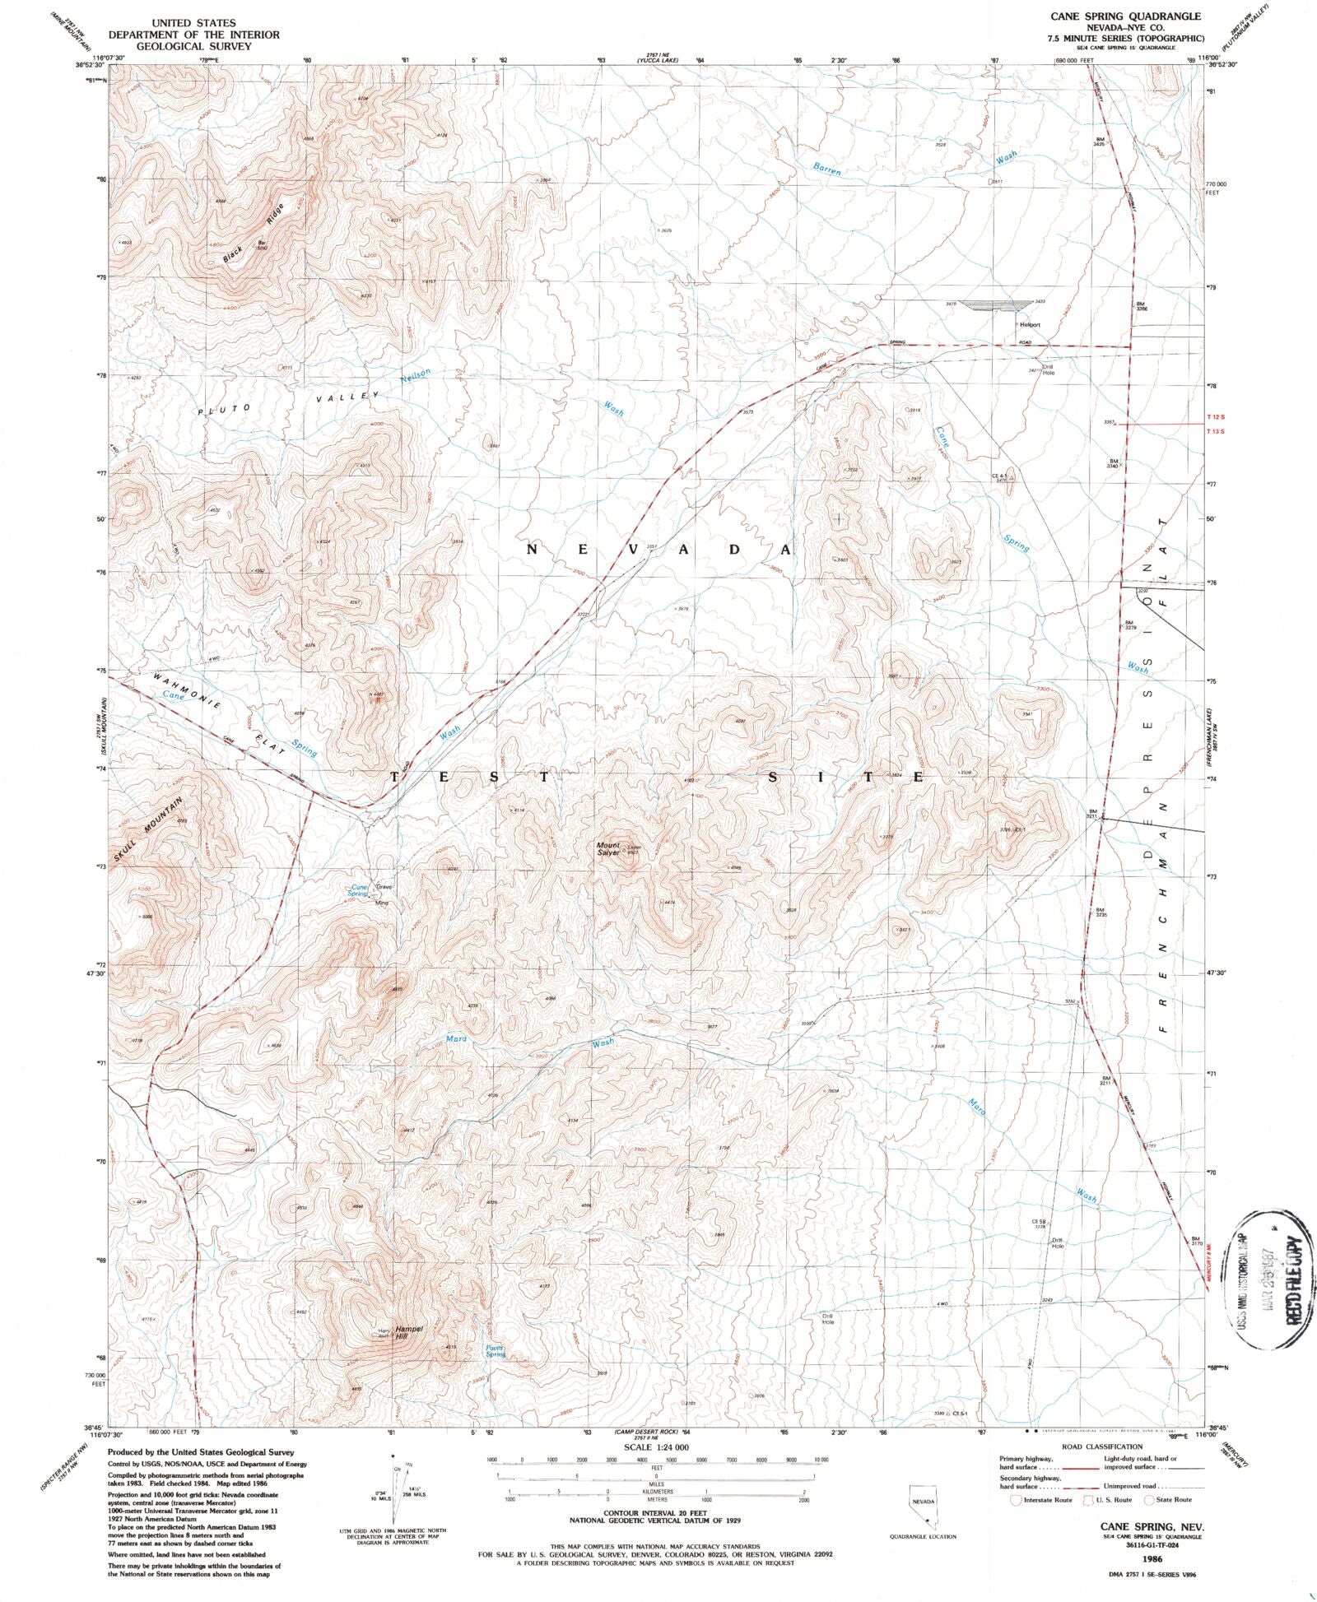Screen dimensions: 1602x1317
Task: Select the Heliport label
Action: pyautogui.click(x=1030, y=325)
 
